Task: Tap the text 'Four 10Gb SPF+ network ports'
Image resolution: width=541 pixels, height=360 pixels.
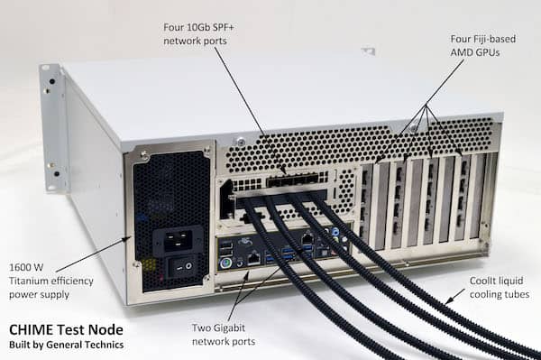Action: (x=201, y=34)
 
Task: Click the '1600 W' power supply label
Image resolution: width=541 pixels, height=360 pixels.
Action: (x=23, y=266)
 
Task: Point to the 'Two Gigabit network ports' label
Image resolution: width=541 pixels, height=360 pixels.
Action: (x=225, y=335)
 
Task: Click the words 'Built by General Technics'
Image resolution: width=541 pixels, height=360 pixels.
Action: (x=66, y=345)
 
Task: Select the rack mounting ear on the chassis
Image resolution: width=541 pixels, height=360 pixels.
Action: (x=52, y=126)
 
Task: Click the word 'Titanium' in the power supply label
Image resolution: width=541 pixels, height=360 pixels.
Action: (x=23, y=281)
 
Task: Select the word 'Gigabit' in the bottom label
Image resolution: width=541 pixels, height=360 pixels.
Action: (x=237, y=328)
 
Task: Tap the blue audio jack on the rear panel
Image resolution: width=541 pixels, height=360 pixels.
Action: (x=336, y=231)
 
